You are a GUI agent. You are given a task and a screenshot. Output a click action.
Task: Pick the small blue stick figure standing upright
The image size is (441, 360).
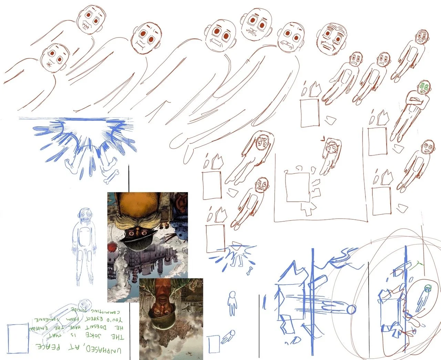[x=233, y=303]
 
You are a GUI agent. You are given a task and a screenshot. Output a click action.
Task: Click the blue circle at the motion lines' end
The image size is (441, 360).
[x=351, y=310]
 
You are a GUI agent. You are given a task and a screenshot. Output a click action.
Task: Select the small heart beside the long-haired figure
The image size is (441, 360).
[x=322, y=139]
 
